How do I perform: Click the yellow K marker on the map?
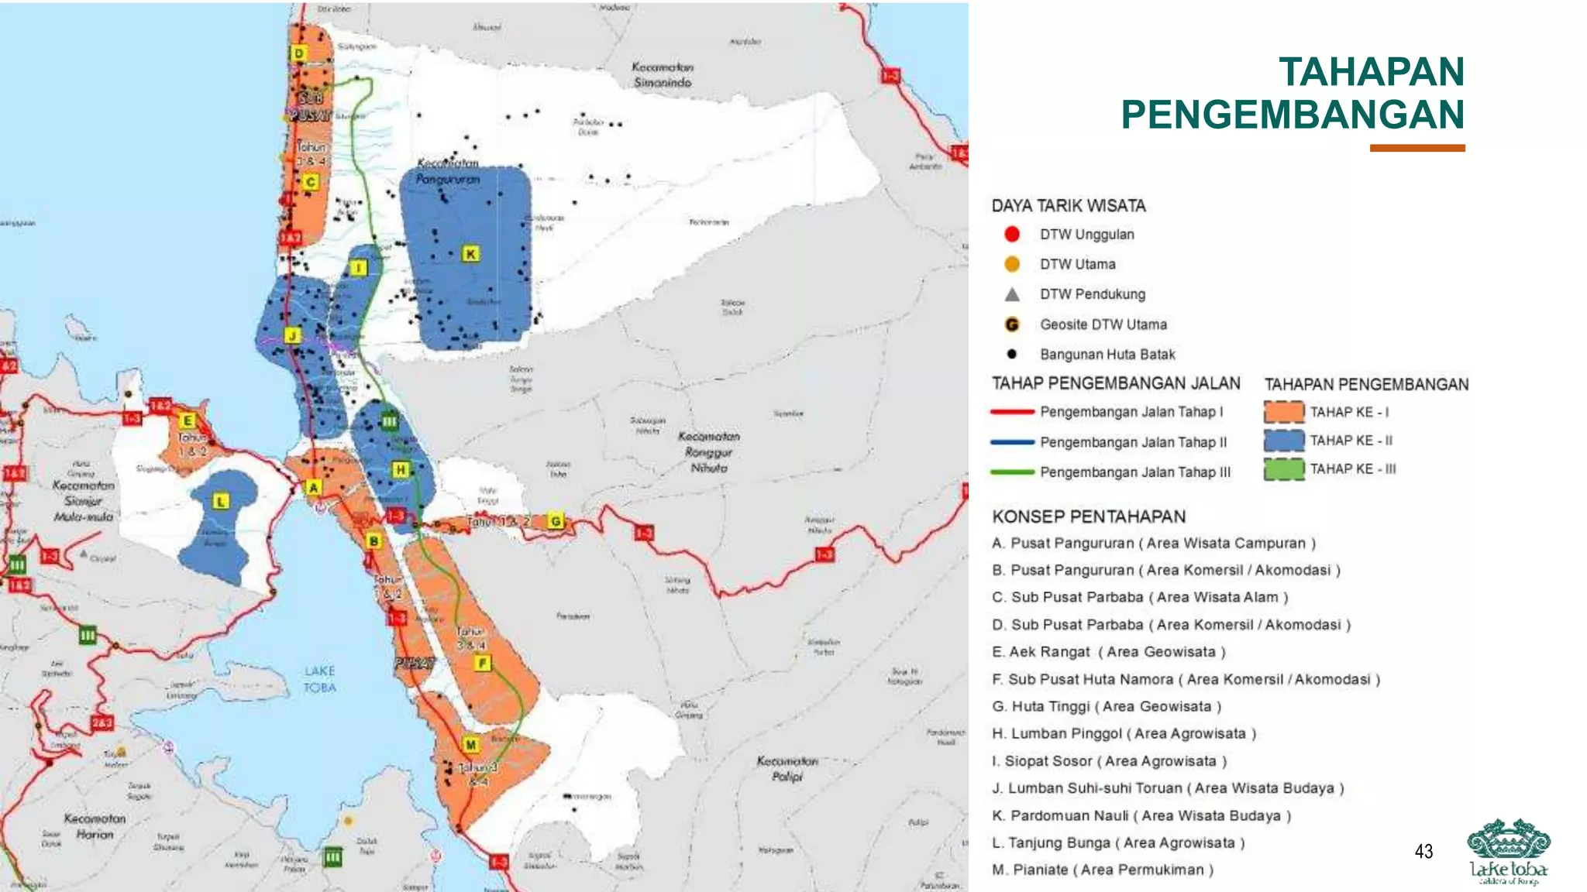point(470,254)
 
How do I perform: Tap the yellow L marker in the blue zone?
point(221,502)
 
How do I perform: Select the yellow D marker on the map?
point(299,53)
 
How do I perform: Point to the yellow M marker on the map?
point(471,745)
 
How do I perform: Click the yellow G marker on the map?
point(556,521)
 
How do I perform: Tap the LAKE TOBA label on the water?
point(319,679)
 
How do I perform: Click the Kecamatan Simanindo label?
point(663,75)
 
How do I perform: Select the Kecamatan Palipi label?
point(787,768)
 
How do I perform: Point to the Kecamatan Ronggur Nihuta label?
point(709,452)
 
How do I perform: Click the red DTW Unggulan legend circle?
point(1012,234)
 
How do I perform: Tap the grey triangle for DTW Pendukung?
point(1012,294)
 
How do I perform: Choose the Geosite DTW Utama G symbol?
point(1012,324)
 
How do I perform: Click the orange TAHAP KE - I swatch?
point(1283,412)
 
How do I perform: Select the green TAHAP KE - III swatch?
point(1283,469)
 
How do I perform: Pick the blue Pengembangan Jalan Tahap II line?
point(1012,442)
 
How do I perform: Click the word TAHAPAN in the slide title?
point(1371,72)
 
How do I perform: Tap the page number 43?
point(1423,852)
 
